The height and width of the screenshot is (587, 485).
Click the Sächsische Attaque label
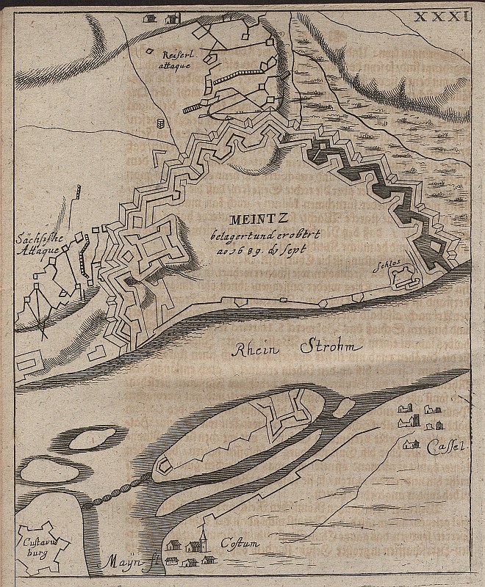pyautogui.click(x=35, y=244)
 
